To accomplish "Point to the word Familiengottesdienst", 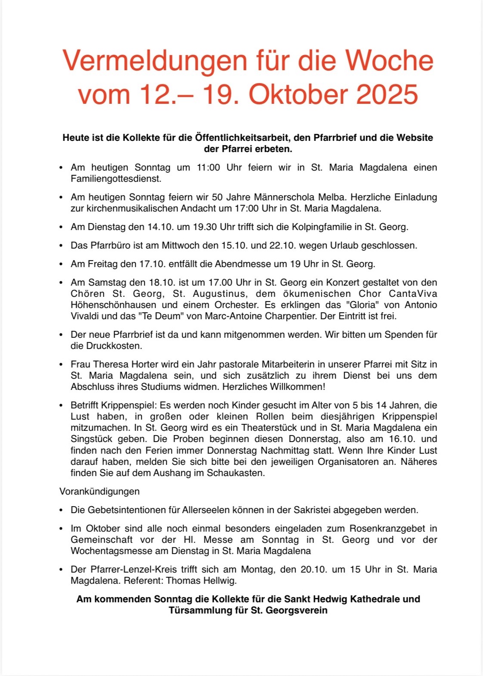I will coord(116,178).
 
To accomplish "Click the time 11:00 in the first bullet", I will coord(208,167).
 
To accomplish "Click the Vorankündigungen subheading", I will coord(100,492).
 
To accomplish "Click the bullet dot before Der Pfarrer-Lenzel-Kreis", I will coord(61,570).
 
